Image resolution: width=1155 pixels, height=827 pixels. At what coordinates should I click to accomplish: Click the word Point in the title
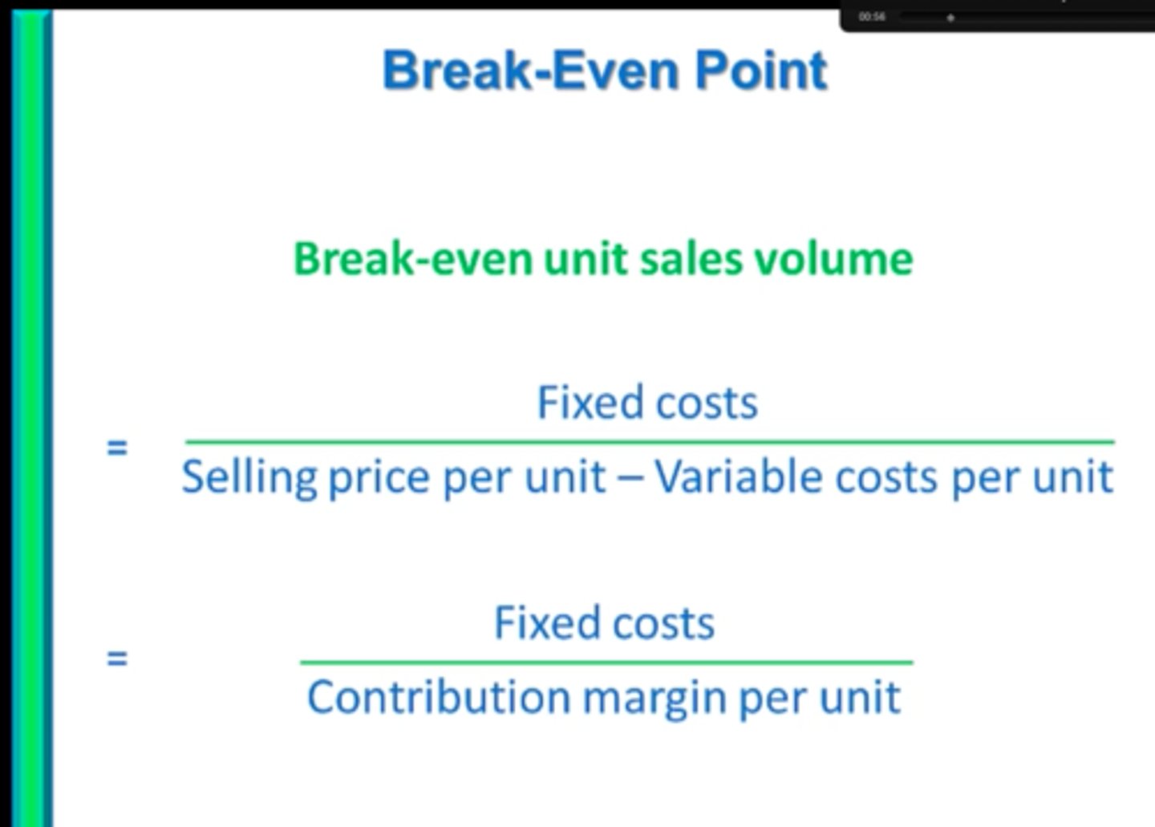click(x=760, y=71)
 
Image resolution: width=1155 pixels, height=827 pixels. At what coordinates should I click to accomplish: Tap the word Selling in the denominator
click(x=249, y=477)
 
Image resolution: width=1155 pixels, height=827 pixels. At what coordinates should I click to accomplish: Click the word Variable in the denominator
click(x=739, y=476)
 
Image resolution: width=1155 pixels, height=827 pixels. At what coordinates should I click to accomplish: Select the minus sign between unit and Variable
click(x=630, y=478)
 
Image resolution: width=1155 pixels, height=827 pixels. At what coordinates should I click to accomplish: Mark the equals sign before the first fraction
click(x=117, y=447)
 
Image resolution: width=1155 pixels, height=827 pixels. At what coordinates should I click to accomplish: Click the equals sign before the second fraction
click(x=117, y=659)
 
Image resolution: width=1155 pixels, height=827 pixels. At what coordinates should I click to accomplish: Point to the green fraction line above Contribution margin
click(x=606, y=663)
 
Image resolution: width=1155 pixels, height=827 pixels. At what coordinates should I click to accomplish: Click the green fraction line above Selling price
click(x=650, y=441)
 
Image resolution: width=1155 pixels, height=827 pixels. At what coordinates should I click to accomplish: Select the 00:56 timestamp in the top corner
click(x=872, y=17)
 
